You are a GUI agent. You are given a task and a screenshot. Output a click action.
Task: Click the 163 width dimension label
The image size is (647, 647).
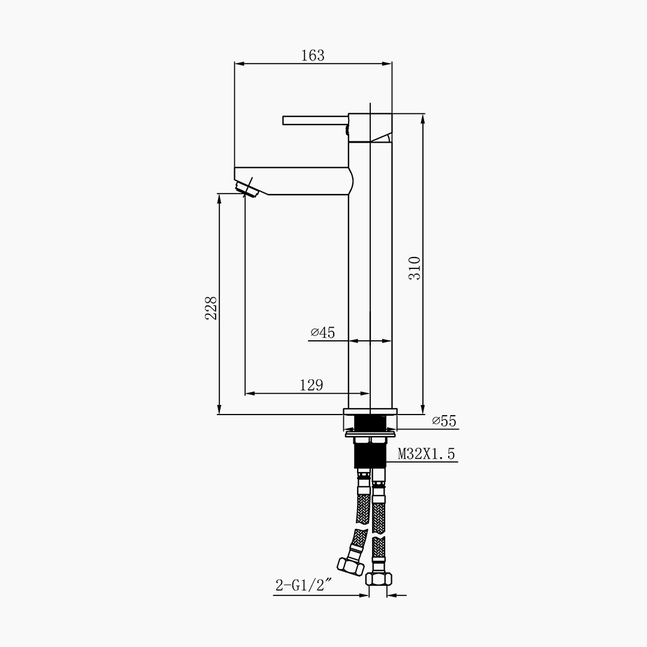coord(313,55)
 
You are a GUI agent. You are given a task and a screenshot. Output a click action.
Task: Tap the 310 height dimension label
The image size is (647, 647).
coord(415,268)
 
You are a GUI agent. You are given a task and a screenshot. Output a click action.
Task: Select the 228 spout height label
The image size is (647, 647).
coord(211,308)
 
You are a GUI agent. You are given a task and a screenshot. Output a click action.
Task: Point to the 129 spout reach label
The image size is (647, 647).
coord(312,385)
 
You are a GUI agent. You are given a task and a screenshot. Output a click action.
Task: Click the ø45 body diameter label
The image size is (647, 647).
coord(323,332)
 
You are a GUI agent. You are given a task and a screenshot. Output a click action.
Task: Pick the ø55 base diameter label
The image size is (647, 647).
coord(445,421)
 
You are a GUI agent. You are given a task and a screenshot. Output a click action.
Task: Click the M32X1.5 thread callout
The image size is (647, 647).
coord(427,454)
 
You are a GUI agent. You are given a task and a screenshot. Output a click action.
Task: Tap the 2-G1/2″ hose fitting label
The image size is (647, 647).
coord(304,585)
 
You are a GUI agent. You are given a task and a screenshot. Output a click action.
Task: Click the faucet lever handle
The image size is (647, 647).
coord(316,120)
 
